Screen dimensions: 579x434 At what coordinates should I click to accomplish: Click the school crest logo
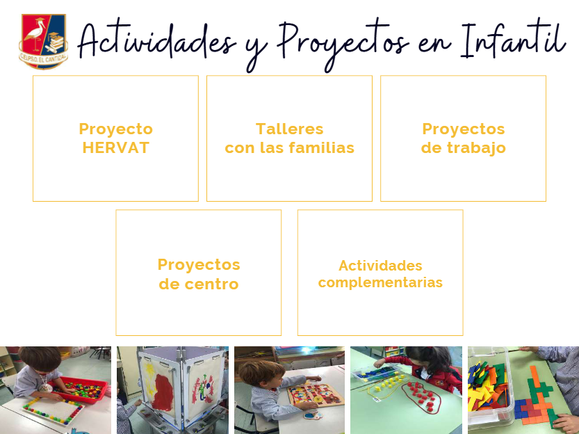tap(43, 41)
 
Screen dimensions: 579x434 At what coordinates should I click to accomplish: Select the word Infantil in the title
tap(513, 40)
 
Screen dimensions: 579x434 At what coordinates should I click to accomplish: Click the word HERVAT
tap(115, 147)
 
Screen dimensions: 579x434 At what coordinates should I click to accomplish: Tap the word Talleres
tap(289, 129)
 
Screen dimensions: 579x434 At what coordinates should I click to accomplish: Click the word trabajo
tap(476, 148)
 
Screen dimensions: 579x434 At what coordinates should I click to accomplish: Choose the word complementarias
tap(380, 283)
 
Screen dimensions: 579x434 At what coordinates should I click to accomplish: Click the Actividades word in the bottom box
tap(380, 266)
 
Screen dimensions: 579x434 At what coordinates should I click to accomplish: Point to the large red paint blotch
tap(163, 392)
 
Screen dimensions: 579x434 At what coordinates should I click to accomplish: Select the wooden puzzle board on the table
tap(316, 394)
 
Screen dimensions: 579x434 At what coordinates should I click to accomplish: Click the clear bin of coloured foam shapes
tap(489, 388)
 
